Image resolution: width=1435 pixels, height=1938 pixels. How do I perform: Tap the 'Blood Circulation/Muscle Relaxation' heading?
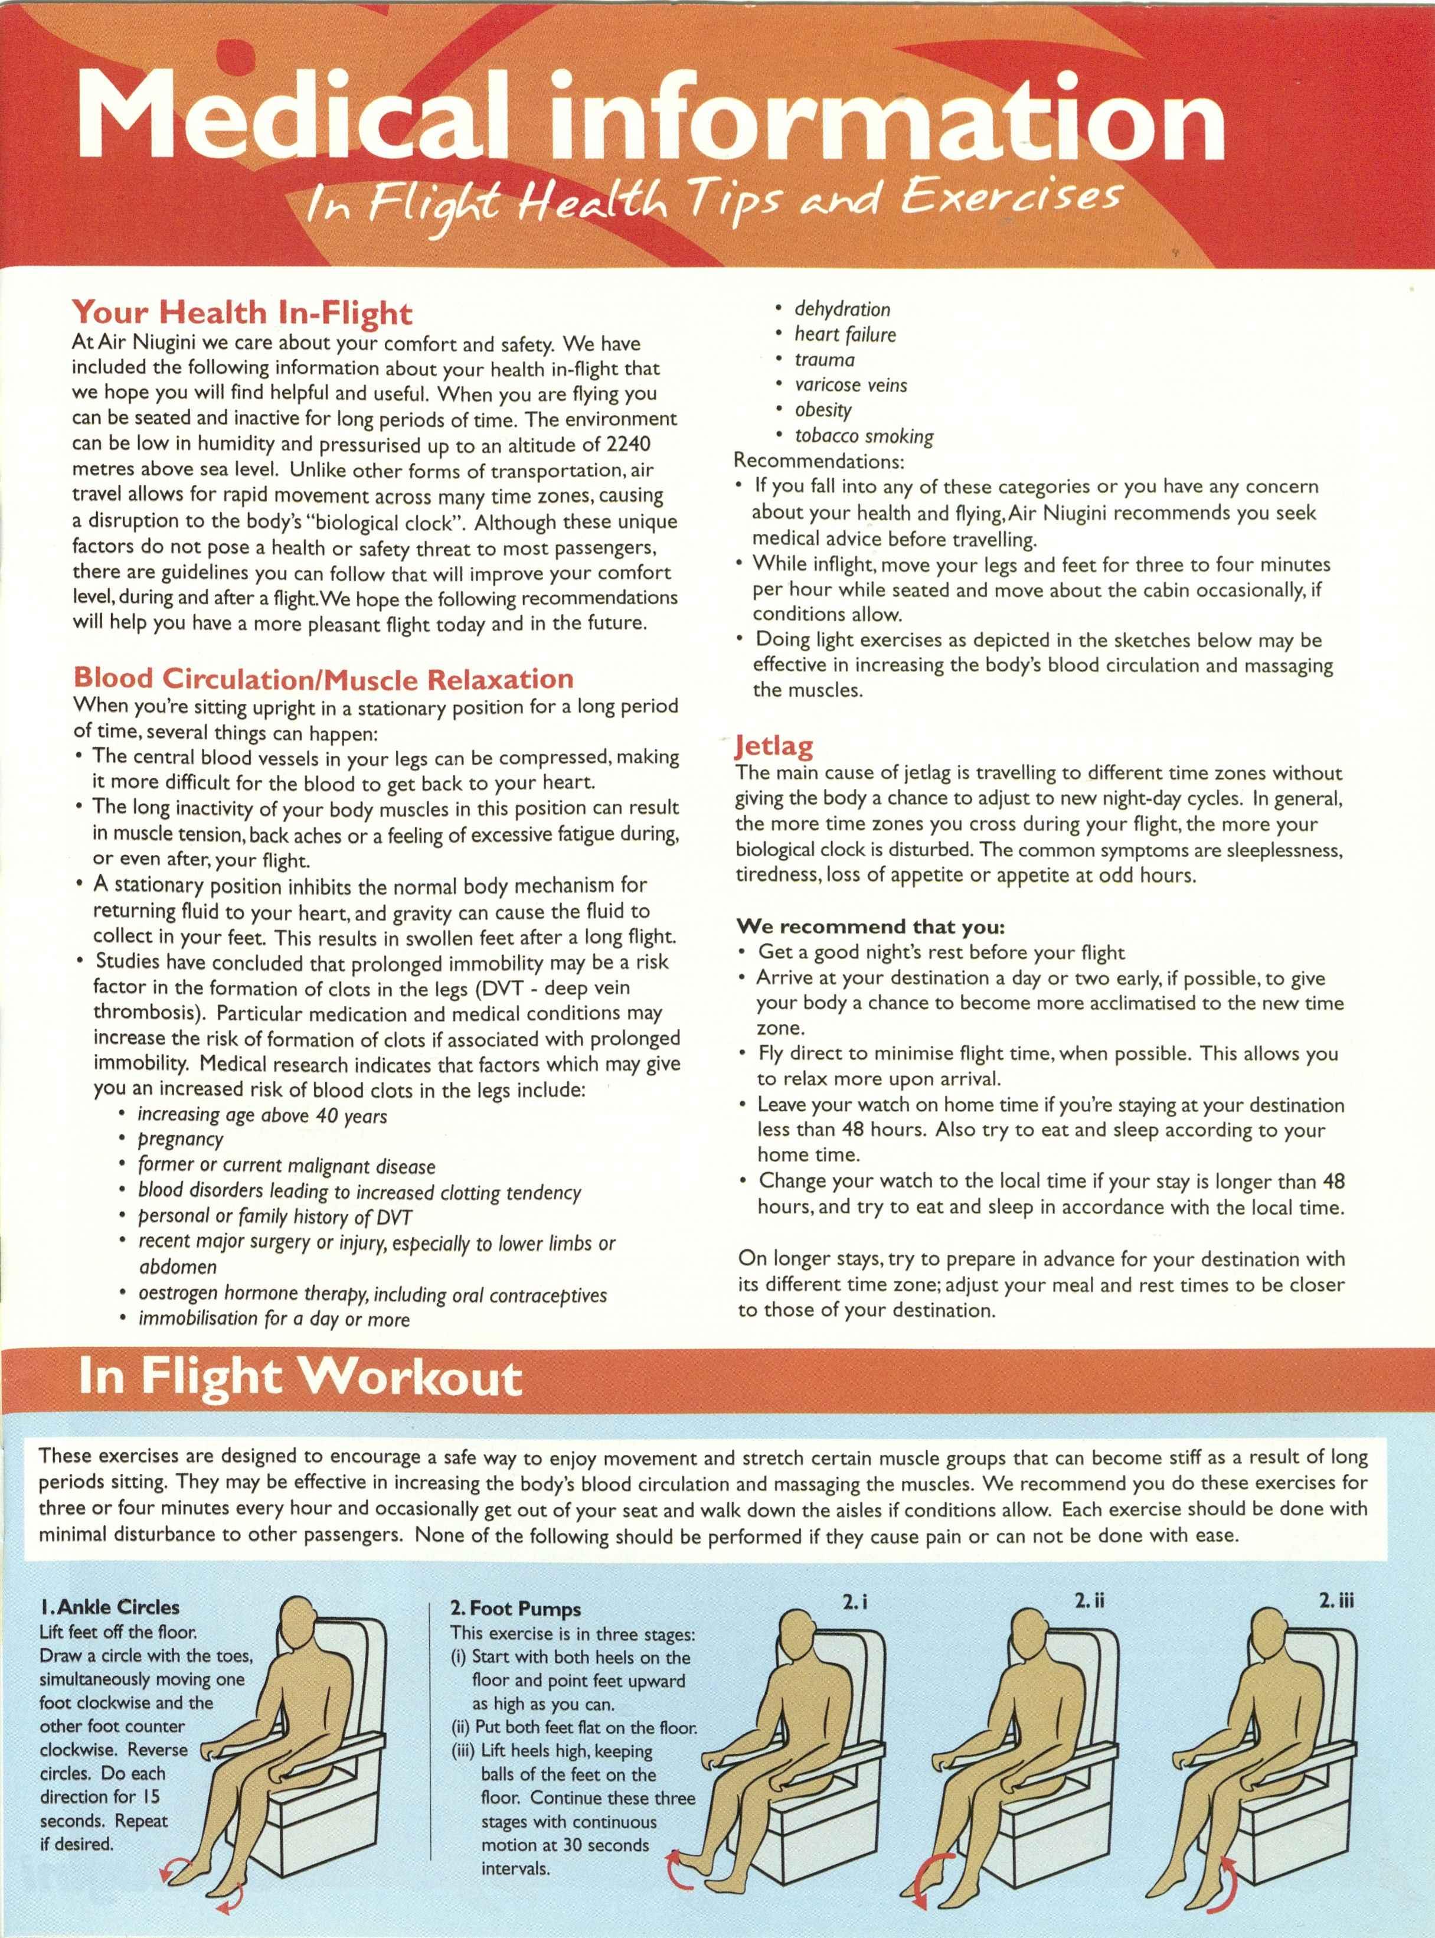(x=323, y=678)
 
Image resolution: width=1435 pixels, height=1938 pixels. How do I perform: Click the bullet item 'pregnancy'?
(x=181, y=1139)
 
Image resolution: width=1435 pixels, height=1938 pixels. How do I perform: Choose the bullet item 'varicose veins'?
(x=851, y=385)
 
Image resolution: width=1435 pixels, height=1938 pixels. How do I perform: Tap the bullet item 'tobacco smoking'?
(x=864, y=436)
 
